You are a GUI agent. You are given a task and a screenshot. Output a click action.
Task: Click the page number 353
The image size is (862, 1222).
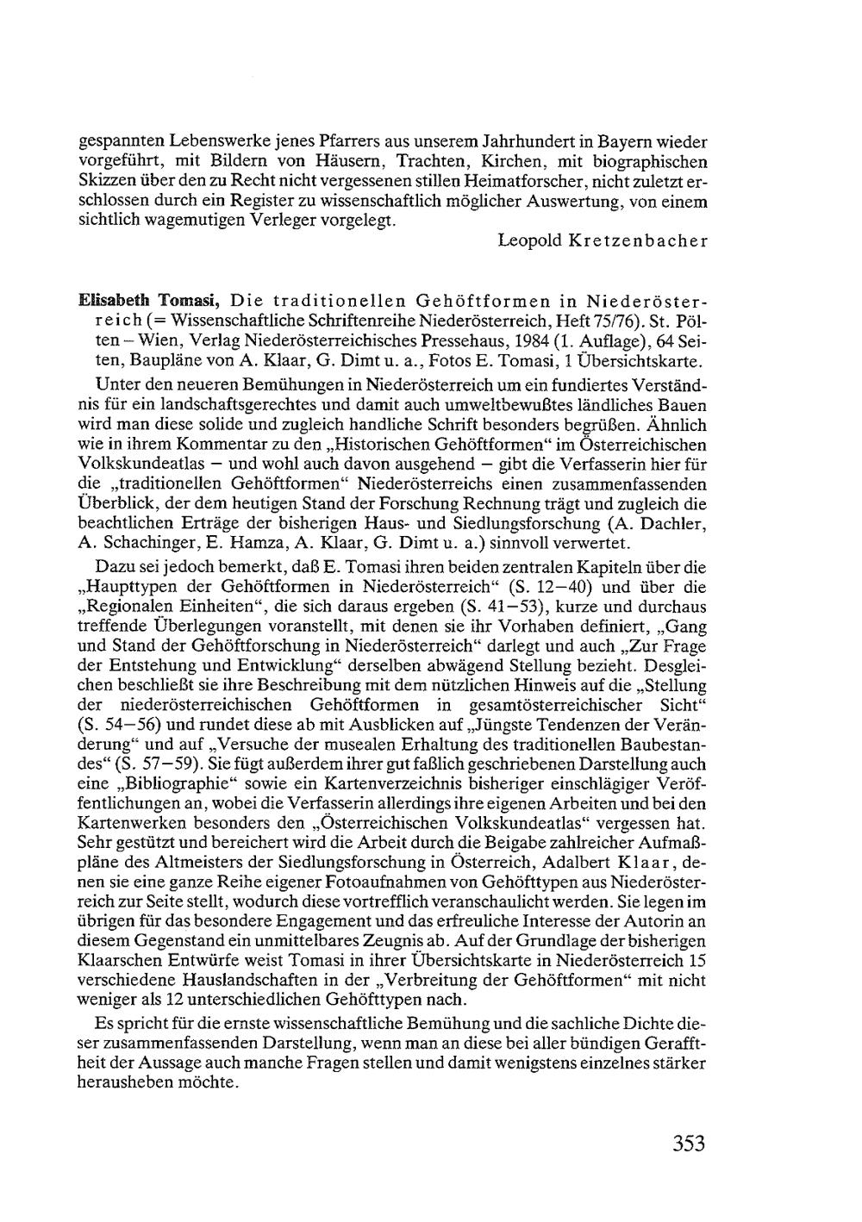pos(689,1144)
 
